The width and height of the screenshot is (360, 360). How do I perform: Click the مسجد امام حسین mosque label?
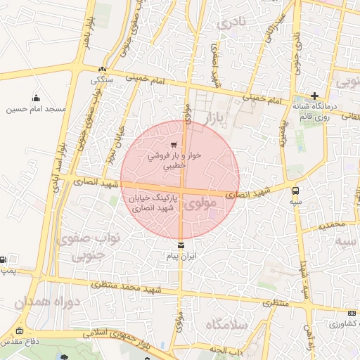pos(37,109)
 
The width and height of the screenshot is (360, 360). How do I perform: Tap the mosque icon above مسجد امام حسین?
pos(37,98)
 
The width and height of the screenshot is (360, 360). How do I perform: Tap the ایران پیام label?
pos(182,257)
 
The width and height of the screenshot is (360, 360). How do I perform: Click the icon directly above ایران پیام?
pos(182,245)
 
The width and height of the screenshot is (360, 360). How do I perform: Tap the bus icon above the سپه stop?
pos(295,190)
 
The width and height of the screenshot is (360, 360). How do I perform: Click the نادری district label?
pos(233,25)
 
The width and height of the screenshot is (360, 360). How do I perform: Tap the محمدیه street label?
pos(331,226)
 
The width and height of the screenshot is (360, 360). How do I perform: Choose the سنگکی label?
pos(103,79)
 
